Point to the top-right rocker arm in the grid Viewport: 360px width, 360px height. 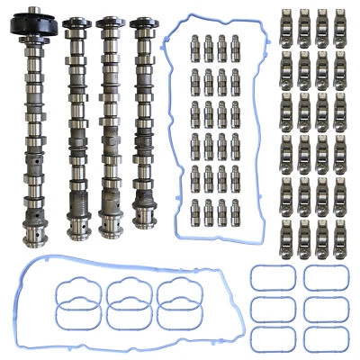pyautogui.click(x=339, y=24)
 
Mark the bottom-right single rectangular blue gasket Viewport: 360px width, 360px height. pyautogui.click(x=321, y=338)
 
